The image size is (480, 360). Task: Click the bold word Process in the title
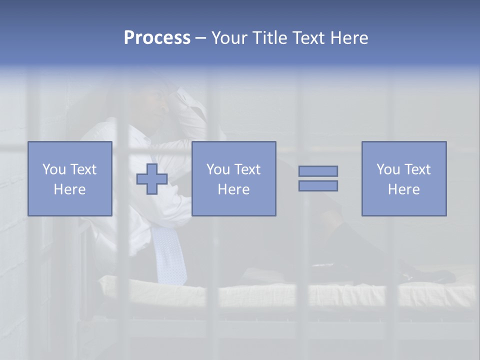pyautogui.click(x=157, y=38)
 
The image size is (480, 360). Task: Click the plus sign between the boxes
pyautogui.click(x=152, y=179)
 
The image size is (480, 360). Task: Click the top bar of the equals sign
pyautogui.click(x=318, y=171)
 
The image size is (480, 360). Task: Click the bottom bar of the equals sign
pyautogui.click(x=318, y=185)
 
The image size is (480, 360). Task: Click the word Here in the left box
pyautogui.click(x=70, y=189)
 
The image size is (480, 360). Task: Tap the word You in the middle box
pyautogui.click(x=217, y=169)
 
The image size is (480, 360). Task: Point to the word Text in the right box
pyautogui.click(x=417, y=169)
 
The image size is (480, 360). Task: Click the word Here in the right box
pyautogui.click(x=404, y=189)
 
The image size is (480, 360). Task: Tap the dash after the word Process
pyautogui.click(x=200, y=38)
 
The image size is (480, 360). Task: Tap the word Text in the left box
pyautogui.click(x=83, y=169)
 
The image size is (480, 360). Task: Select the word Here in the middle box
pyautogui.click(x=234, y=189)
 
